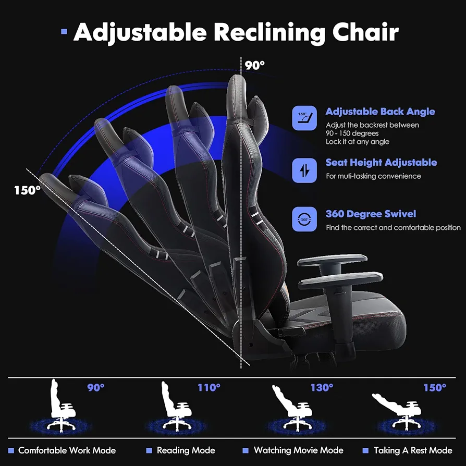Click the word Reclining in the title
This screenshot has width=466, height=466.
coord(269,32)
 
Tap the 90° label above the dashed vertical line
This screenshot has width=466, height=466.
coord(254,66)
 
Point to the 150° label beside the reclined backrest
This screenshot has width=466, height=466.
coord(27,190)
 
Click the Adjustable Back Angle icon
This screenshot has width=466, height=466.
coord(304,118)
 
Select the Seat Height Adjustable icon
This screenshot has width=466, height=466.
coord(304,170)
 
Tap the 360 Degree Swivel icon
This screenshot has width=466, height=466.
coord(304,219)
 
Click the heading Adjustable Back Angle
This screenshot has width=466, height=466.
coord(380,112)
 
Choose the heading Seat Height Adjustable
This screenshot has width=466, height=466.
coord(382,163)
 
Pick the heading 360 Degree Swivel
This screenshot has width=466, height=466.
coord(371,214)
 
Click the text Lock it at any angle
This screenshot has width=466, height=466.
coord(358,142)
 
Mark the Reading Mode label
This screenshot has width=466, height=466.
coord(186,450)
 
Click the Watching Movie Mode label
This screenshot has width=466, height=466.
coord(298,450)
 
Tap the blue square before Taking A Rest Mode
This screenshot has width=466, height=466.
coord(365,451)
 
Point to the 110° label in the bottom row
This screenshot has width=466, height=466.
coord(209,387)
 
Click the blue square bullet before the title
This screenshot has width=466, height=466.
coord(64,31)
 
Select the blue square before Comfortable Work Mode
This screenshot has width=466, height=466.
coord(11,451)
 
